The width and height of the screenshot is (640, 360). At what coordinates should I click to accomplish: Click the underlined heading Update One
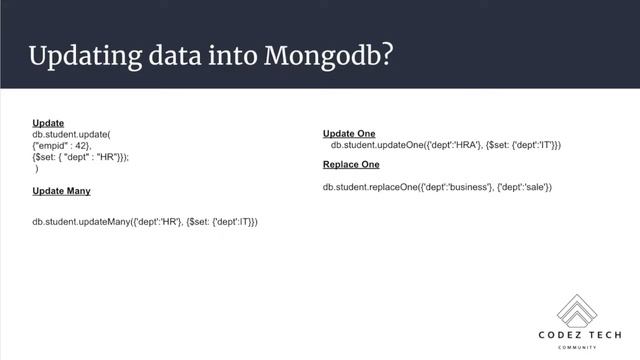coord(349,133)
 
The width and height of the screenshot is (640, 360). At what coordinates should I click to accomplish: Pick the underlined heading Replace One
coord(351,164)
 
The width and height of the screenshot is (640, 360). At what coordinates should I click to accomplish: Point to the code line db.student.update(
coord(71,134)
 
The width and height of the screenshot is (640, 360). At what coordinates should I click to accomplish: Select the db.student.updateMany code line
coord(145,220)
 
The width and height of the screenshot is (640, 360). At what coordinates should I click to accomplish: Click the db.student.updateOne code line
coord(445,145)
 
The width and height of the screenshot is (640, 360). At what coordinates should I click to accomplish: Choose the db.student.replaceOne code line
coord(437,187)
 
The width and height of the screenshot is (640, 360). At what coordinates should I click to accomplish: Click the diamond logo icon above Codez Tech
coord(577,312)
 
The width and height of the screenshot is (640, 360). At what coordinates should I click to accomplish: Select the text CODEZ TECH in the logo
coord(577,337)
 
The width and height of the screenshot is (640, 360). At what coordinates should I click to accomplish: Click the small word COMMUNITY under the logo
coord(577,347)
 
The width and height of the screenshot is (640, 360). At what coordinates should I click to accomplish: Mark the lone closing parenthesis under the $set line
coord(37,169)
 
